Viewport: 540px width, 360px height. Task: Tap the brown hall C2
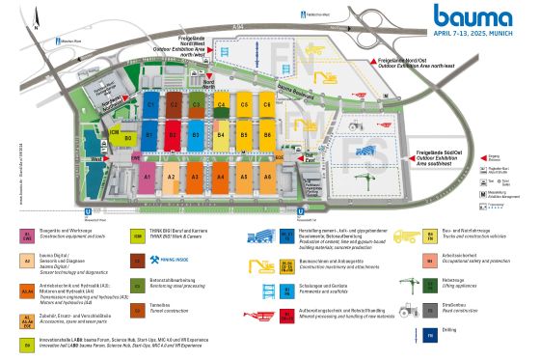tap(175, 102)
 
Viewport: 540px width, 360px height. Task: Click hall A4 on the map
tap(221, 177)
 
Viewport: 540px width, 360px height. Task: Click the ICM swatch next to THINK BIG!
tap(138, 235)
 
